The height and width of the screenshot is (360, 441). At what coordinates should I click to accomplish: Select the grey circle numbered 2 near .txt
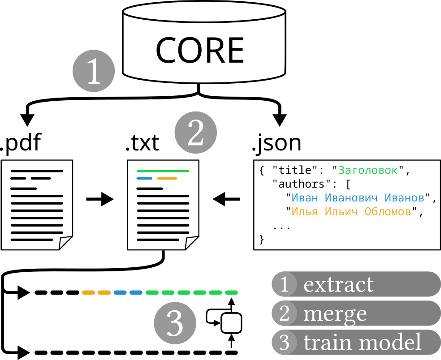(x=196, y=133)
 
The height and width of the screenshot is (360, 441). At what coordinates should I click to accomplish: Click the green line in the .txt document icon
(x=163, y=171)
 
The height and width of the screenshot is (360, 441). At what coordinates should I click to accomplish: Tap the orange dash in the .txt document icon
(x=167, y=179)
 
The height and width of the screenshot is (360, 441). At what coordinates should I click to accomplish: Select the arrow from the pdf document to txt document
(x=99, y=199)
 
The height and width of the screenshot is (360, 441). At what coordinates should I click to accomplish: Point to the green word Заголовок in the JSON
(x=367, y=171)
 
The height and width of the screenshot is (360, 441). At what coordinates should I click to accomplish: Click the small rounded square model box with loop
(x=232, y=322)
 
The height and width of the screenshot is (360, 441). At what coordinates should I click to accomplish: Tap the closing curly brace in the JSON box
(x=262, y=240)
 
